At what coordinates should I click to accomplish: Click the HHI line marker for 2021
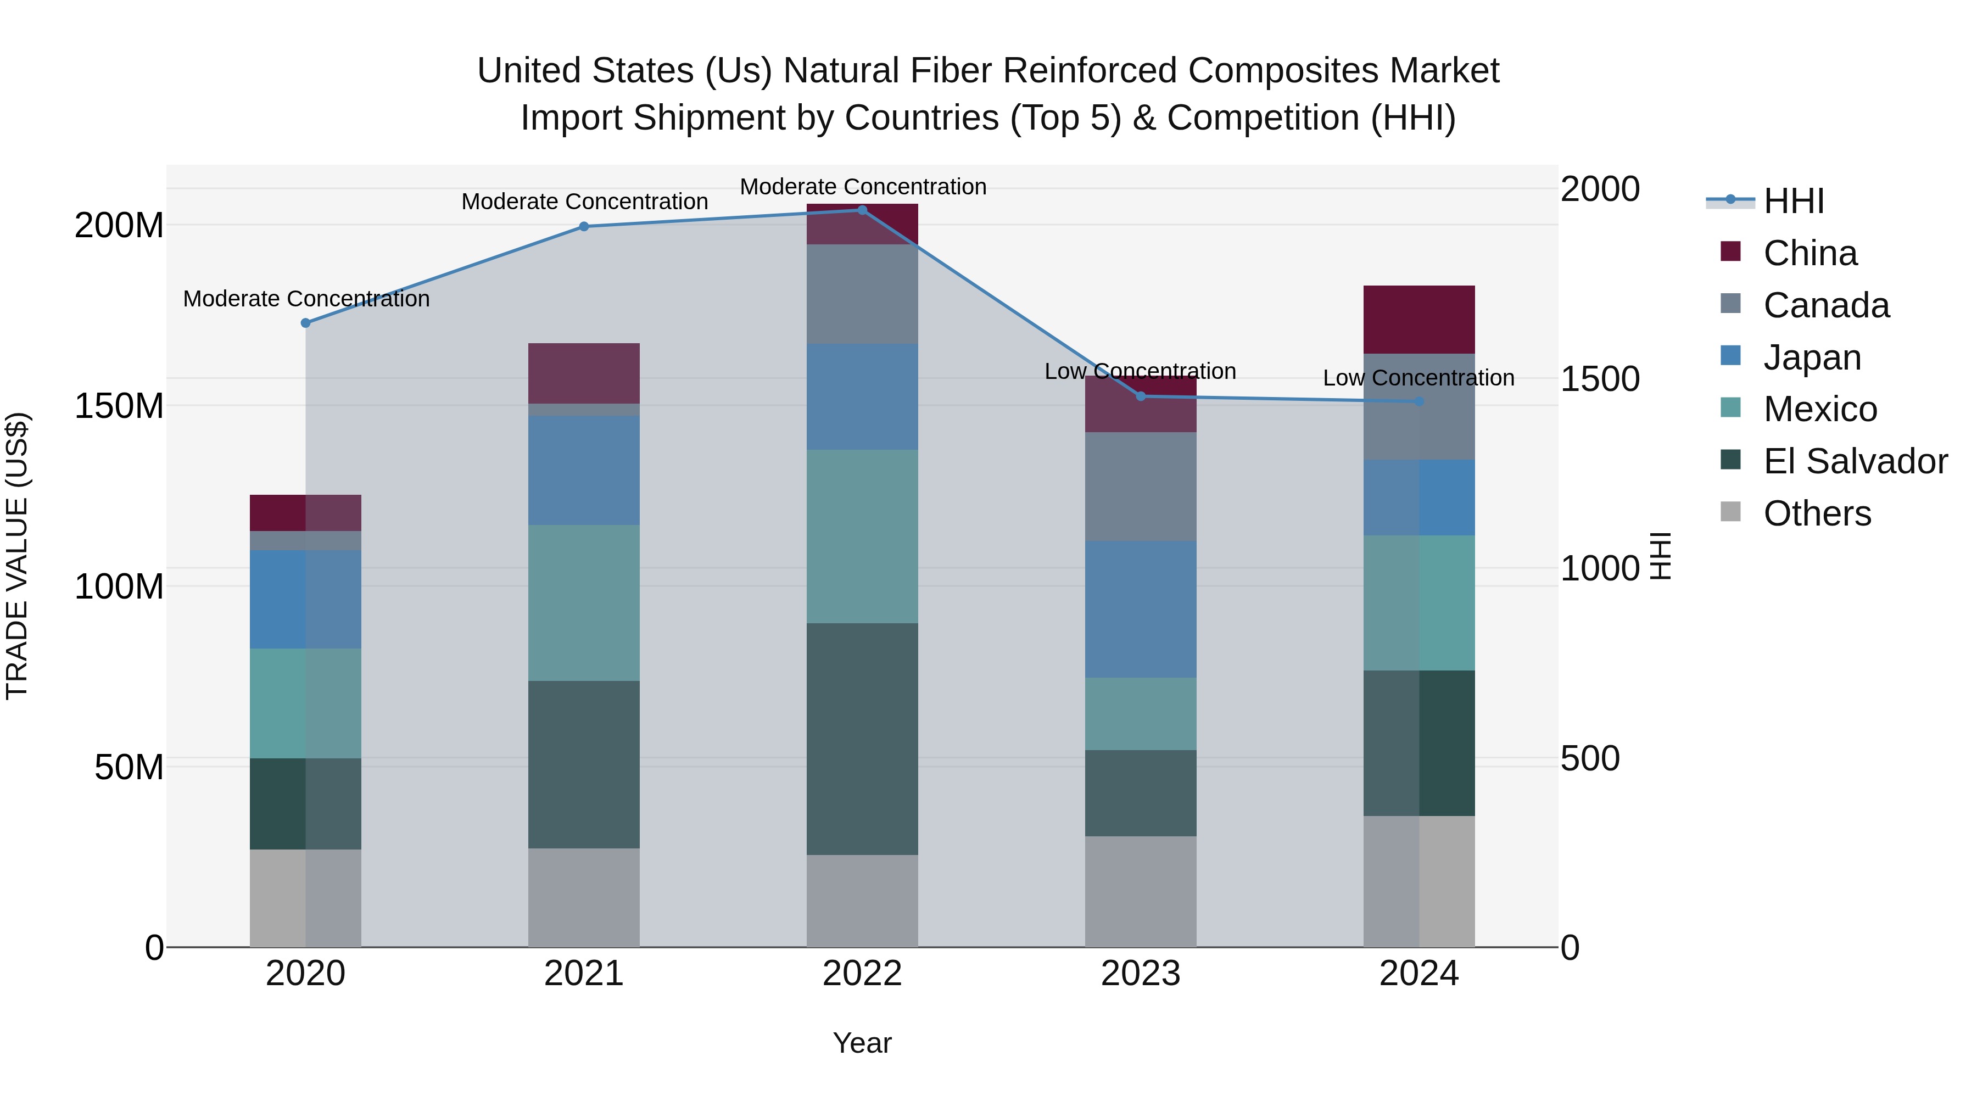(x=584, y=226)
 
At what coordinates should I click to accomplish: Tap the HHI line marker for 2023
(x=1141, y=396)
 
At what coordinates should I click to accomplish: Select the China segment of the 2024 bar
(x=1419, y=319)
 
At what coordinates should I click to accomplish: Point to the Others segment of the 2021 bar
(x=584, y=897)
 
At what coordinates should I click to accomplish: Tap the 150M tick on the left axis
(x=119, y=406)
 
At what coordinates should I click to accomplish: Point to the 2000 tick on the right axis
(x=1600, y=189)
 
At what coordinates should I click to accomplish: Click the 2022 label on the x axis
(x=862, y=974)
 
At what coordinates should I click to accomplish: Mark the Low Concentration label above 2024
(x=1418, y=378)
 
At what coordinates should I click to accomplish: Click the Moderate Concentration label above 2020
(x=306, y=299)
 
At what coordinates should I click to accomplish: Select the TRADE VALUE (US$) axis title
(x=17, y=556)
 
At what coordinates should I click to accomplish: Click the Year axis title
(x=862, y=1043)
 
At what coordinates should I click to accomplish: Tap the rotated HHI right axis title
(x=1660, y=556)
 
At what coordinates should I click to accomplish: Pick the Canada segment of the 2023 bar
(x=1141, y=487)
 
